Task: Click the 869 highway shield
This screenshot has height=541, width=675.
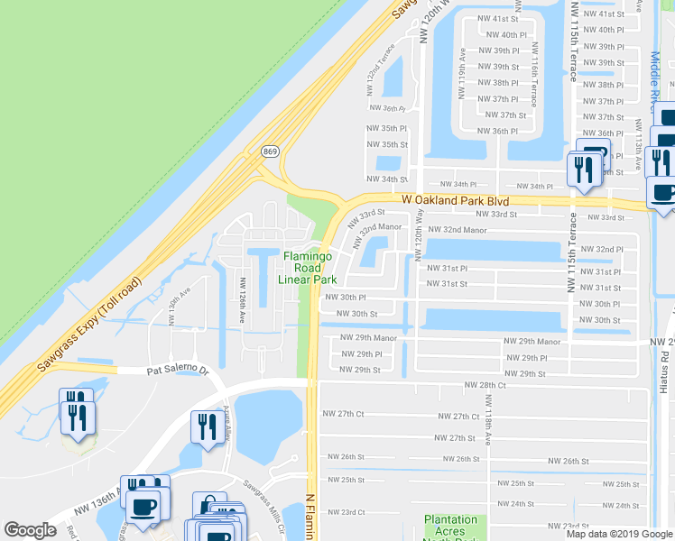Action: pyautogui.click(x=269, y=151)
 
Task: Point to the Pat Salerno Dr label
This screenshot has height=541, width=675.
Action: pyautogui.click(x=177, y=371)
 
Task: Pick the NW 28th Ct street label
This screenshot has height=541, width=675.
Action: pyautogui.click(x=485, y=385)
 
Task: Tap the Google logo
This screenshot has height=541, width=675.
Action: pyautogui.click(x=30, y=530)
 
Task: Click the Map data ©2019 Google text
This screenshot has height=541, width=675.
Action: pyautogui.click(x=619, y=534)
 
